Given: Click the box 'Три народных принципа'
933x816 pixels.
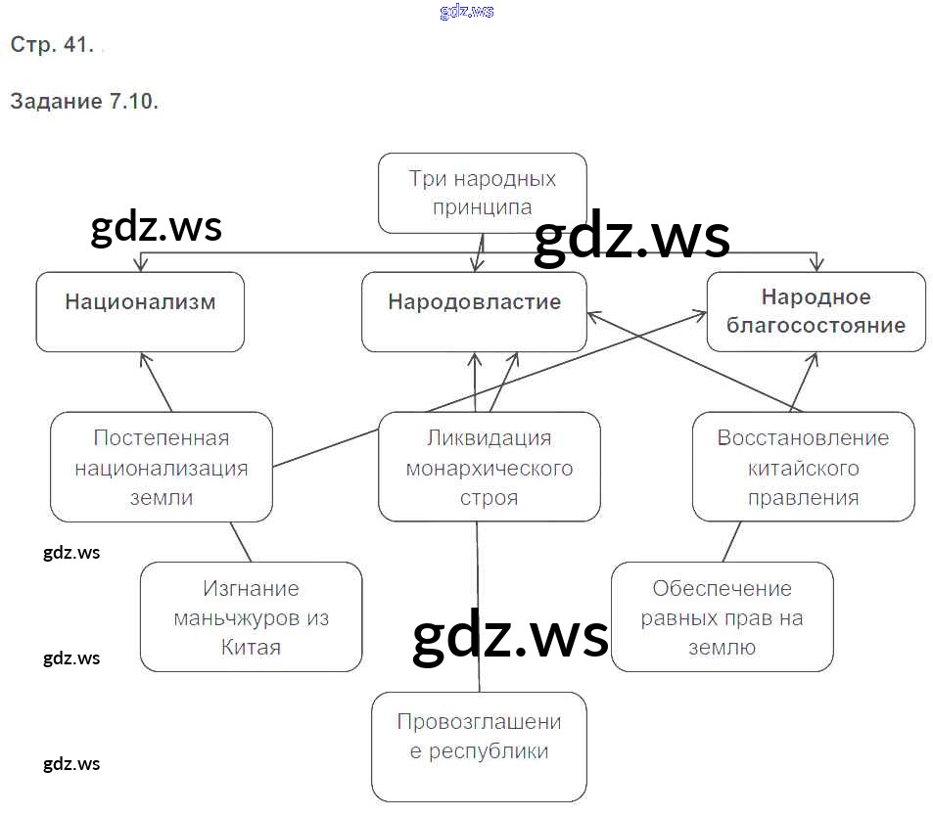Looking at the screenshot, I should (x=482, y=193).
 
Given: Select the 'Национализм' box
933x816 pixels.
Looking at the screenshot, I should (x=140, y=311).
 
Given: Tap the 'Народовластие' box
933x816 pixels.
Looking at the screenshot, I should (x=474, y=311).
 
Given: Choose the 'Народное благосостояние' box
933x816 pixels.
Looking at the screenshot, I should (x=816, y=311).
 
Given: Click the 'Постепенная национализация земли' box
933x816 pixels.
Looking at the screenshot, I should (x=162, y=467).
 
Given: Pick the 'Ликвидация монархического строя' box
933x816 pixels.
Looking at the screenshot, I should (x=489, y=467).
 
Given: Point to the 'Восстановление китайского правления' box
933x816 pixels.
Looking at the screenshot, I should (x=803, y=467).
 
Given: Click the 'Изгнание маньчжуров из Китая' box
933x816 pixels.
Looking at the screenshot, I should (x=251, y=617).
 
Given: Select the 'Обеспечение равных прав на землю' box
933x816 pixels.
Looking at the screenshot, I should (x=722, y=617).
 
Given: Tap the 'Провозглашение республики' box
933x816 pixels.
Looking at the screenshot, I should (x=479, y=746).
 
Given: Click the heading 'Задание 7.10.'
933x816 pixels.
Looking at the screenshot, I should (x=84, y=102).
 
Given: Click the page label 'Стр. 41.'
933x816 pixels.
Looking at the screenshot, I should (x=51, y=45).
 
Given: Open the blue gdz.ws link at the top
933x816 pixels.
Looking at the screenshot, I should (x=467, y=12).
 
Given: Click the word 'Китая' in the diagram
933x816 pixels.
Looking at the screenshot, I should (x=251, y=648).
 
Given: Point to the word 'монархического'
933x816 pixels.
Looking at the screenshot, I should (x=489, y=468).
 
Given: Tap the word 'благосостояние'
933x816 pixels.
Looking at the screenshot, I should (x=816, y=325).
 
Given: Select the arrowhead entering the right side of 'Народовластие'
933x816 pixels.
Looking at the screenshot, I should (x=593, y=313).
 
